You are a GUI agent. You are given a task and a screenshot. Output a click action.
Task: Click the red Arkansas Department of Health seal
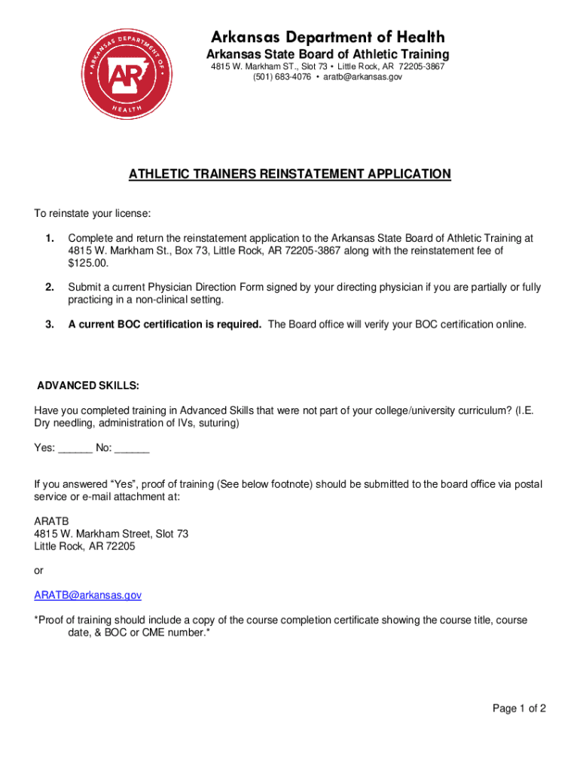(x=126, y=75)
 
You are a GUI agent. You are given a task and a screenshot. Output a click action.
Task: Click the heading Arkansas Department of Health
(x=328, y=37)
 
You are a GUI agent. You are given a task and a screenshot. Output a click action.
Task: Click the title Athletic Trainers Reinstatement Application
(x=290, y=174)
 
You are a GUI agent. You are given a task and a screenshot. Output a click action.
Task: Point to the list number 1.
(x=49, y=239)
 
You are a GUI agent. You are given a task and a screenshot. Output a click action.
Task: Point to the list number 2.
(x=49, y=288)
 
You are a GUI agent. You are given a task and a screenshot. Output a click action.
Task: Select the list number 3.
(x=49, y=325)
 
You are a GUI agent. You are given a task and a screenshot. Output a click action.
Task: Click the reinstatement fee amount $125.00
(x=88, y=263)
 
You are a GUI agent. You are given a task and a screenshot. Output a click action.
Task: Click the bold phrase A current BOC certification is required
(x=165, y=325)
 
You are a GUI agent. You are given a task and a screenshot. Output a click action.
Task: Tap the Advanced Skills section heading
(x=88, y=385)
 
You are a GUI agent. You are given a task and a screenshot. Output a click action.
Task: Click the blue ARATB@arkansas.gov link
(x=87, y=595)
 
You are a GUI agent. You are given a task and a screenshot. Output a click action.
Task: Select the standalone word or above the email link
(x=38, y=571)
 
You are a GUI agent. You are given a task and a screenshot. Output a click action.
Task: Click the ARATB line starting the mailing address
(x=50, y=521)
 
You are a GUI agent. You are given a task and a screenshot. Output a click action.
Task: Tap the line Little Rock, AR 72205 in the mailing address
(x=84, y=546)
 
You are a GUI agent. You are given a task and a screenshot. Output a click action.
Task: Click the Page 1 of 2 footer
(x=519, y=709)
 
